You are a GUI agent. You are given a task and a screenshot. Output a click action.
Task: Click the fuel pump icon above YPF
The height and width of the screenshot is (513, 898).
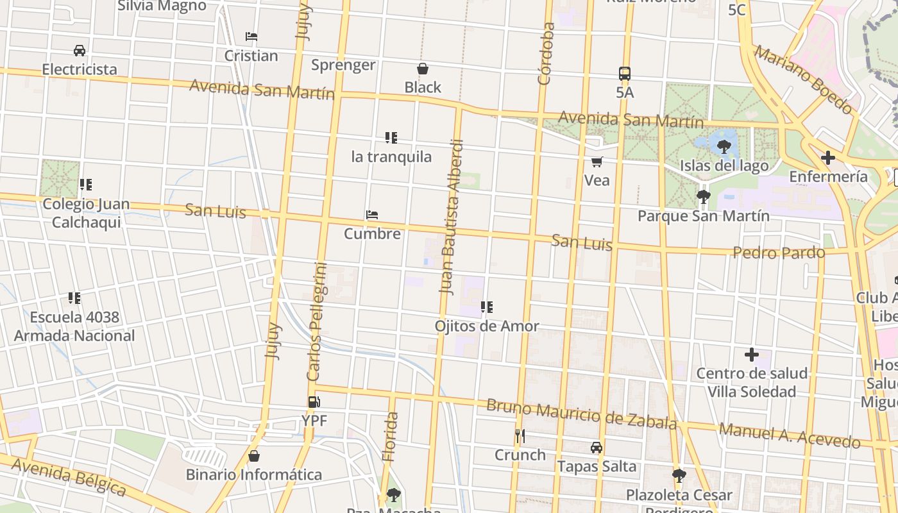click(x=314, y=402)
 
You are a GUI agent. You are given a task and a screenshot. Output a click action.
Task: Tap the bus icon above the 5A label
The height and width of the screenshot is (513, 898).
click(x=625, y=73)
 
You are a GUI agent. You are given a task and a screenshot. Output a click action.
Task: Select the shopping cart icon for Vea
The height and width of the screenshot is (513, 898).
click(x=597, y=162)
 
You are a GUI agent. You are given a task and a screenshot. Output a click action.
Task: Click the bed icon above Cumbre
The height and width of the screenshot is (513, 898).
click(x=372, y=215)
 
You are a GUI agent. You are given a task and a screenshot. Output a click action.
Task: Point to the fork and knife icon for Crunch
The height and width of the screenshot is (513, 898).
click(x=520, y=436)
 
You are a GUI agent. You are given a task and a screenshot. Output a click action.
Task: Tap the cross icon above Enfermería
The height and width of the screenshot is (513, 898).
click(x=828, y=157)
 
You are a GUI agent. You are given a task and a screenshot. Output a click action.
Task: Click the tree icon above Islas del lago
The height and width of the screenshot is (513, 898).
click(x=724, y=147)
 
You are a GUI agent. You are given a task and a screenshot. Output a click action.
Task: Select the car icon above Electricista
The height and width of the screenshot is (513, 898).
click(x=80, y=50)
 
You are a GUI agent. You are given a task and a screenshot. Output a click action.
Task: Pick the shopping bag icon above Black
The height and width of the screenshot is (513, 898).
click(x=423, y=69)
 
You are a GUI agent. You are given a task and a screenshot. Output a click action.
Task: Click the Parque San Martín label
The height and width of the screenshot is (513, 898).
click(x=703, y=216)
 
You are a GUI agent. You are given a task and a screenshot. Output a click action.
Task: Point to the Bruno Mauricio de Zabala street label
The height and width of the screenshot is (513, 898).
click(x=581, y=414)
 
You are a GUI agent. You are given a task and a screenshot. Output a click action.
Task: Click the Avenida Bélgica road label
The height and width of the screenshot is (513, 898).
click(x=69, y=476)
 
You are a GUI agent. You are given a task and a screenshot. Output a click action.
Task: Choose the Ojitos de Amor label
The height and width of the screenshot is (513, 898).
click(x=487, y=326)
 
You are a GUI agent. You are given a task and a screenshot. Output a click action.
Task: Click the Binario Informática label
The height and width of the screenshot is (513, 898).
click(x=253, y=475)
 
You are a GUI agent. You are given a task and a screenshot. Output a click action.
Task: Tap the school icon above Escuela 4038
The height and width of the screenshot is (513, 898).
click(x=74, y=298)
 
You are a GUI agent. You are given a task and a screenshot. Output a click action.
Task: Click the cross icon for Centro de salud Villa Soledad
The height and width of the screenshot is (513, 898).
click(x=751, y=354)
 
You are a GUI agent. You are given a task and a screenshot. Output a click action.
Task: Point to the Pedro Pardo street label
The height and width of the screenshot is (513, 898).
click(x=779, y=253)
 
